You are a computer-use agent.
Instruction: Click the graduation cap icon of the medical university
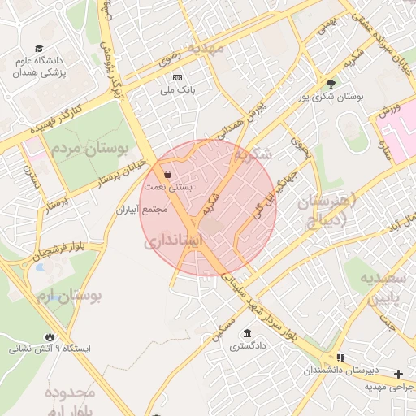[38, 49]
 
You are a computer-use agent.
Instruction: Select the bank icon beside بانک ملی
[177, 77]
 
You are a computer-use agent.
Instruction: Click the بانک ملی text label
[177, 89]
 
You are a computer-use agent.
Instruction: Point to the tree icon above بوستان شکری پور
[330, 83]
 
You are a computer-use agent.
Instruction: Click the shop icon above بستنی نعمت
[167, 174]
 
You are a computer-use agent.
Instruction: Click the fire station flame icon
[50, 336]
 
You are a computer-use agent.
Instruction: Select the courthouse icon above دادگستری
[246, 334]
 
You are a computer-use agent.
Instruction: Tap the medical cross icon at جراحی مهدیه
[398, 375]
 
